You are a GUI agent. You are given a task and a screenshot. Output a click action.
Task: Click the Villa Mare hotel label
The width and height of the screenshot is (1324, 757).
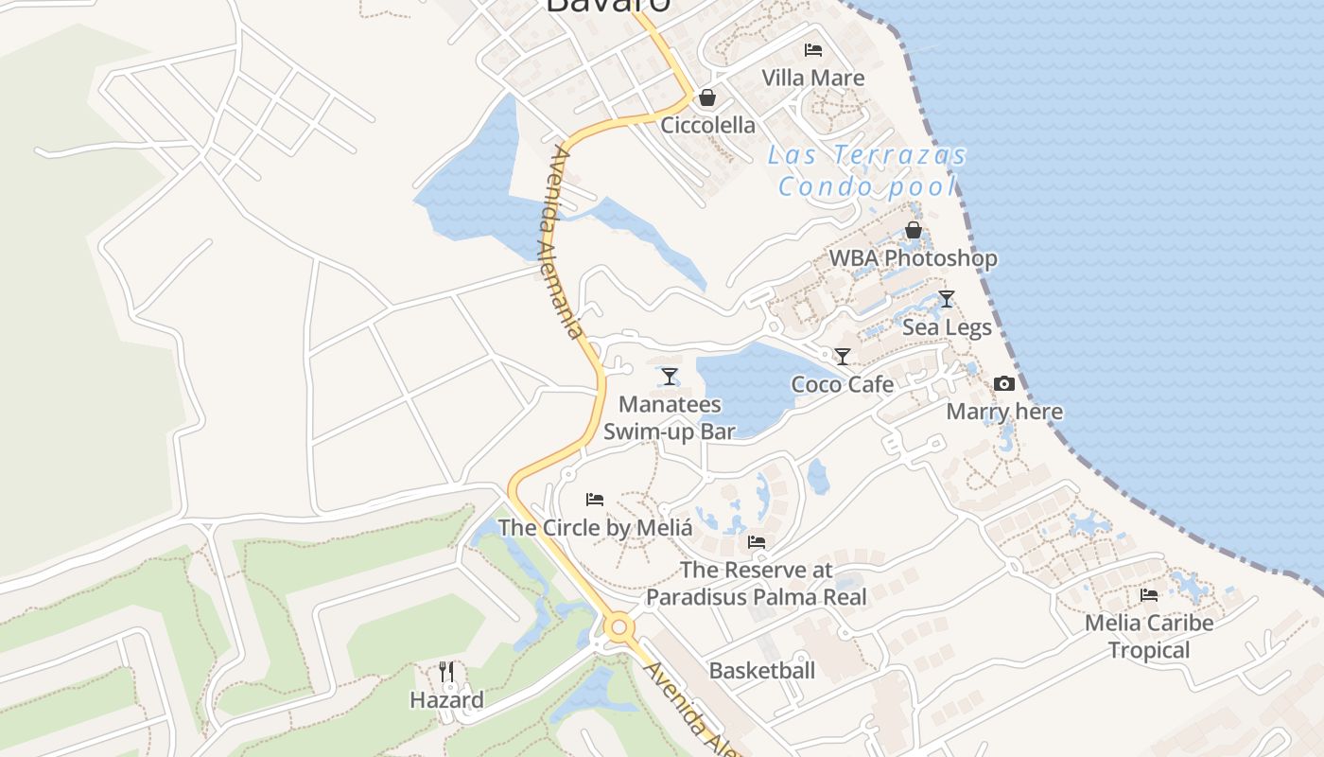(813, 78)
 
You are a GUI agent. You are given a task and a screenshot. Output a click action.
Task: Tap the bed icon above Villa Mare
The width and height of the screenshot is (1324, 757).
(812, 49)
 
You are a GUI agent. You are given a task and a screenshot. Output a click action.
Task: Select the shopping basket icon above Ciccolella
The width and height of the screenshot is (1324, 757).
(706, 97)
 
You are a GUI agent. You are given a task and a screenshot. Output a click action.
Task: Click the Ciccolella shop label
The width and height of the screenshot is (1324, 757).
(707, 125)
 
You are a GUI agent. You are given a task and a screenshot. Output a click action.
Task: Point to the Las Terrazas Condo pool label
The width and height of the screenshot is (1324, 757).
(867, 170)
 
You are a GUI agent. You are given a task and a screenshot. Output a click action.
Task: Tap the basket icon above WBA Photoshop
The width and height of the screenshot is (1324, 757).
(914, 230)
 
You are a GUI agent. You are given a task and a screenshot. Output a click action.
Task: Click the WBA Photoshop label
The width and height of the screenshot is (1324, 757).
(913, 257)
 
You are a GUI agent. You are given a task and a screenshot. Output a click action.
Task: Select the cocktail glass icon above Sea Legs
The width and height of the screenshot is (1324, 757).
(947, 299)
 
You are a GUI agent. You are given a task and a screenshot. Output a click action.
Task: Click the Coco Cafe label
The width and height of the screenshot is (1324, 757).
(842, 384)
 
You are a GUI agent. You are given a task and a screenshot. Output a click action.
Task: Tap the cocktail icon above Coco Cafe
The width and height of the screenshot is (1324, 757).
(842, 357)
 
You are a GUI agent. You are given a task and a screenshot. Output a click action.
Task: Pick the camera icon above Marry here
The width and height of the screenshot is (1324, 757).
(1004, 384)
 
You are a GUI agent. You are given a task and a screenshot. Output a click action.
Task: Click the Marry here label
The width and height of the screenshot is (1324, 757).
(1004, 412)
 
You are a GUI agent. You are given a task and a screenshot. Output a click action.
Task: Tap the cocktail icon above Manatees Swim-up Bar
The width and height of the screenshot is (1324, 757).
(670, 377)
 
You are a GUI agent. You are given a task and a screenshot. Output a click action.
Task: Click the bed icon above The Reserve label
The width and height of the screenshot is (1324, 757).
(756, 542)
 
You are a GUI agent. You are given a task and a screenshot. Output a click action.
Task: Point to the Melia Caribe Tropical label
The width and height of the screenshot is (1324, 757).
(1149, 636)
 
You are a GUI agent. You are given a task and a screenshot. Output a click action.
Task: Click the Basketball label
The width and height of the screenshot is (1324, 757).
(761, 671)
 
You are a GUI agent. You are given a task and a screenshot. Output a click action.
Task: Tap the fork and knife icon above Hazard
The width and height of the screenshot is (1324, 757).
(446, 672)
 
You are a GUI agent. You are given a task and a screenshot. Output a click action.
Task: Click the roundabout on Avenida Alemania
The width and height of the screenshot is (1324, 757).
(619, 627)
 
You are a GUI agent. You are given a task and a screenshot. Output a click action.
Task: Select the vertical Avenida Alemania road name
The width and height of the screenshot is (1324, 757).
(566, 241)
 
